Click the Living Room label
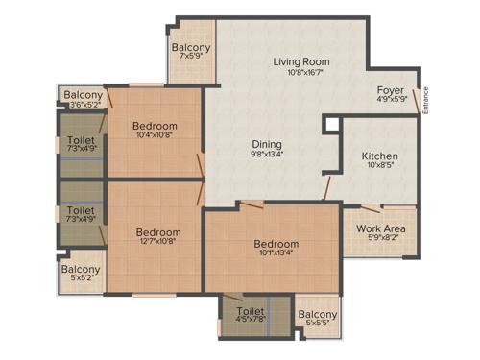point(301,62)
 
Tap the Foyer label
point(391,90)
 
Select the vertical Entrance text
point(426,102)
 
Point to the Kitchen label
point(379,156)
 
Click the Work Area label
point(380,228)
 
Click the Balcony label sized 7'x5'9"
point(192,48)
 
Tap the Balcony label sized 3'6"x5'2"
point(84,95)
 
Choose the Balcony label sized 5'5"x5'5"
point(318,315)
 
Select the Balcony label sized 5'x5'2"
point(81,270)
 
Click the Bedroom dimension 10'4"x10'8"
point(155,136)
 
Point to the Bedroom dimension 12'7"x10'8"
point(157,242)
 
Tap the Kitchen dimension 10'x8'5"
point(379,166)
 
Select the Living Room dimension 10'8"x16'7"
point(301,73)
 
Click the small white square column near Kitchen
point(331,125)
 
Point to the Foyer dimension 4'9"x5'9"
point(391,100)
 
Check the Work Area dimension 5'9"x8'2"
point(380,239)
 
